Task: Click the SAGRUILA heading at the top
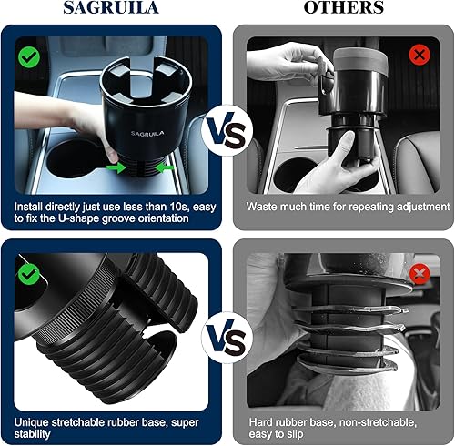[112, 8]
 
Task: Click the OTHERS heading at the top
[343, 8]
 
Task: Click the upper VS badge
[227, 129]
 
